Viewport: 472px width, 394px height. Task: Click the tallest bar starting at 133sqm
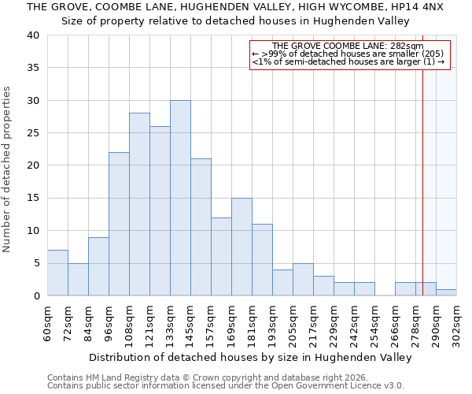point(180,198)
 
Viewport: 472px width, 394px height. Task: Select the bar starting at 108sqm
point(139,204)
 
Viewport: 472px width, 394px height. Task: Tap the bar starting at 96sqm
point(119,224)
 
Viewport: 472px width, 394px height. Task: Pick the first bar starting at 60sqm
point(57,273)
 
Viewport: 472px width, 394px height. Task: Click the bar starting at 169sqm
point(242,247)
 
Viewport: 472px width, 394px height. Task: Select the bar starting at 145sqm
point(201,227)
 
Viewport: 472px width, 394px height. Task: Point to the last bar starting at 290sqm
point(446,292)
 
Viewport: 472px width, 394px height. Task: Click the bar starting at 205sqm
point(303,280)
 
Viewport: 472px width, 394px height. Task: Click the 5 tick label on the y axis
point(35,263)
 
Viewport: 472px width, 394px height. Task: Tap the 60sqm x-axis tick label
point(48,322)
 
